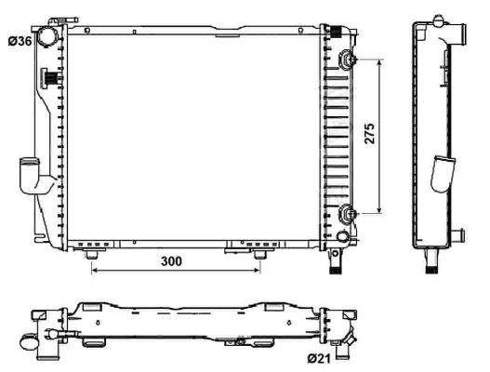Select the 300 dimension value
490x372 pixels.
click(170, 263)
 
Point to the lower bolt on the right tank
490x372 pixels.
click(348, 214)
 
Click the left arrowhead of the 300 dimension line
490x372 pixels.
click(94, 272)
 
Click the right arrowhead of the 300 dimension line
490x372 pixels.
click(260, 272)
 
